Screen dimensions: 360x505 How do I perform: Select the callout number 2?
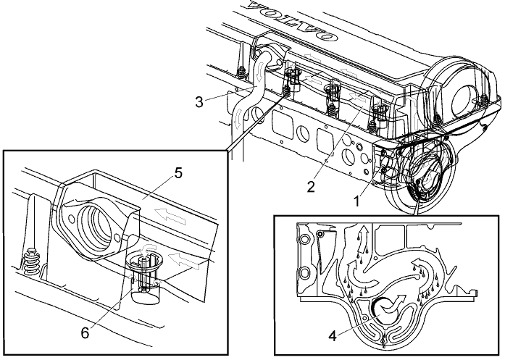(x=310, y=186)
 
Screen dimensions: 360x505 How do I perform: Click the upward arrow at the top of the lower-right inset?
(x=361, y=236)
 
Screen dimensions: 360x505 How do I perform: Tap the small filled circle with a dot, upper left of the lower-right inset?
(x=320, y=235)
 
